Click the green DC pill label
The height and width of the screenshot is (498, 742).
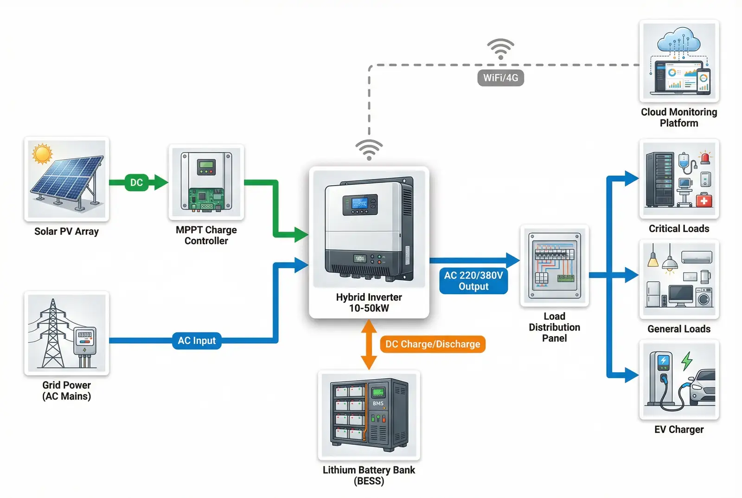(136, 182)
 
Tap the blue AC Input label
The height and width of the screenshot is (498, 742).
(197, 341)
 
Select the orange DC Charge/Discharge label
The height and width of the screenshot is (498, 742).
(433, 344)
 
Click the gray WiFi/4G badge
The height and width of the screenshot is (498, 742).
(500, 78)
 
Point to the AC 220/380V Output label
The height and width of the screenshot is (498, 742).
(473, 281)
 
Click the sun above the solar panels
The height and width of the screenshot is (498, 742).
(42, 153)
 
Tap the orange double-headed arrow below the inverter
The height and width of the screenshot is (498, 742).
(369, 344)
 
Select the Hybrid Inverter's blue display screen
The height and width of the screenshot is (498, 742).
(360, 204)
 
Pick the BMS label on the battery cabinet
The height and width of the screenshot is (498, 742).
(378, 403)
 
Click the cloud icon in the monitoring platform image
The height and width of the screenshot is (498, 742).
(678, 40)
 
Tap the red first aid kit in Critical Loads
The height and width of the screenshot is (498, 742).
(704, 200)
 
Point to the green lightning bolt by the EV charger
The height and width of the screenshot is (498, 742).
(687, 361)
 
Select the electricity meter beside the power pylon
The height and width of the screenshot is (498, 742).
(84, 341)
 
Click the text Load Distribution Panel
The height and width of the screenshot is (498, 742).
(554, 327)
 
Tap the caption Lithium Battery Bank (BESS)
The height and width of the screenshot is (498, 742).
(369, 475)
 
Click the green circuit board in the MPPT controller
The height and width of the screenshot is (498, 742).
(207, 200)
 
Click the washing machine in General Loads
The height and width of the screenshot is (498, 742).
(704, 298)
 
